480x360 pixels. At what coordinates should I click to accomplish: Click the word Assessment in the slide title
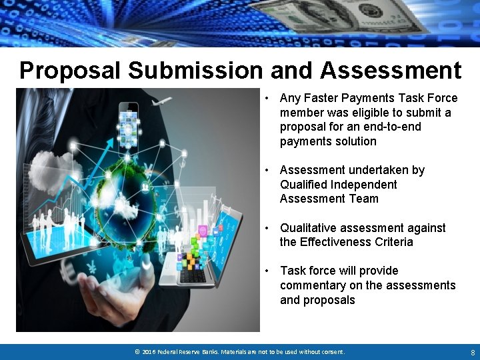click(x=391, y=70)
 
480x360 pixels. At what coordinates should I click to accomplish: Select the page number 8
click(x=472, y=351)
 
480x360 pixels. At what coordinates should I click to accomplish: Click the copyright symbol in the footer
click(x=137, y=351)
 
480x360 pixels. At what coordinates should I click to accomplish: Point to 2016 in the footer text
click(x=148, y=351)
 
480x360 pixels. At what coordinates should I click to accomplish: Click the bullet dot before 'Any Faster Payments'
click(x=266, y=99)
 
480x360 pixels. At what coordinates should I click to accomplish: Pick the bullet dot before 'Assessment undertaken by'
click(x=266, y=171)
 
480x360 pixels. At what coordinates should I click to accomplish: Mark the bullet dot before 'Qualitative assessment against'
click(x=266, y=228)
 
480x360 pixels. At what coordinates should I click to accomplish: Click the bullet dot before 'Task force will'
click(x=266, y=271)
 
